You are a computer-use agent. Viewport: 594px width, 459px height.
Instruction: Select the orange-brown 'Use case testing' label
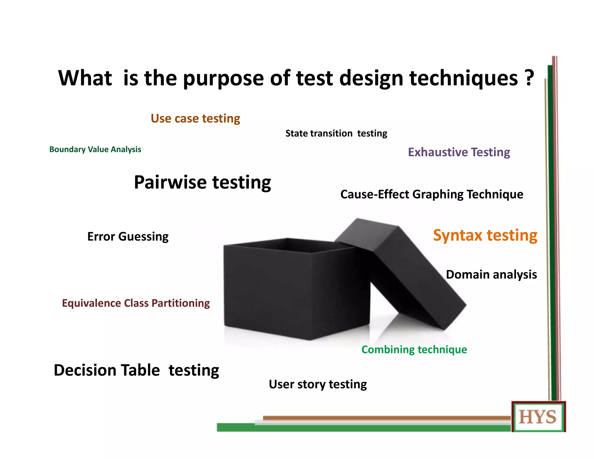click(195, 119)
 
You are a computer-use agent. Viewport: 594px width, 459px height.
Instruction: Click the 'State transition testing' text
click(336, 133)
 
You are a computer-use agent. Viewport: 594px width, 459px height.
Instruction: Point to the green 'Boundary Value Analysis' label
click(95, 149)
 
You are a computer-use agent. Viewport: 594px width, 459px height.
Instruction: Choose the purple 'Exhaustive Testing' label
click(459, 152)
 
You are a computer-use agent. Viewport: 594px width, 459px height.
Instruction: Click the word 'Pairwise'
click(170, 182)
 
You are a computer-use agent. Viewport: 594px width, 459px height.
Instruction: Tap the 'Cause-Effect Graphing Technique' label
click(432, 194)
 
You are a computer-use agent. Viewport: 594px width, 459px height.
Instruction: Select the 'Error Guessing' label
click(128, 237)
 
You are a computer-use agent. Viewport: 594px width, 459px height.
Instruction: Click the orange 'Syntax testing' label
click(485, 235)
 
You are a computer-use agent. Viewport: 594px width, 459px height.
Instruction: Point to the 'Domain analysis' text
click(491, 274)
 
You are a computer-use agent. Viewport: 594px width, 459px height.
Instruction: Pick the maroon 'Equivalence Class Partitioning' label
click(136, 303)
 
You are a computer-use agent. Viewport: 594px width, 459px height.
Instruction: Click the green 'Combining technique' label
click(414, 350)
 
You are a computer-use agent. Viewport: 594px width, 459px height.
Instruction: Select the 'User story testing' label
click(318, 384)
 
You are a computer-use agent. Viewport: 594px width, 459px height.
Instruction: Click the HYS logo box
click(538, 417)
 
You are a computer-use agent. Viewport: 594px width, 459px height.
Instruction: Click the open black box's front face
click(267, 290)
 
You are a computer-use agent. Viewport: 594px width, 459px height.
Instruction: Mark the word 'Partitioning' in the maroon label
click(180, 303)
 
